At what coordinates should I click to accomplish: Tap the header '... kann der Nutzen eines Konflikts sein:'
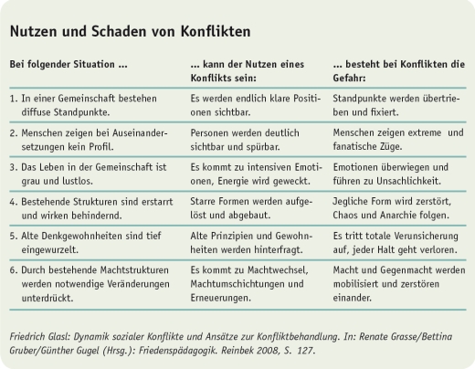[246, 72]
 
